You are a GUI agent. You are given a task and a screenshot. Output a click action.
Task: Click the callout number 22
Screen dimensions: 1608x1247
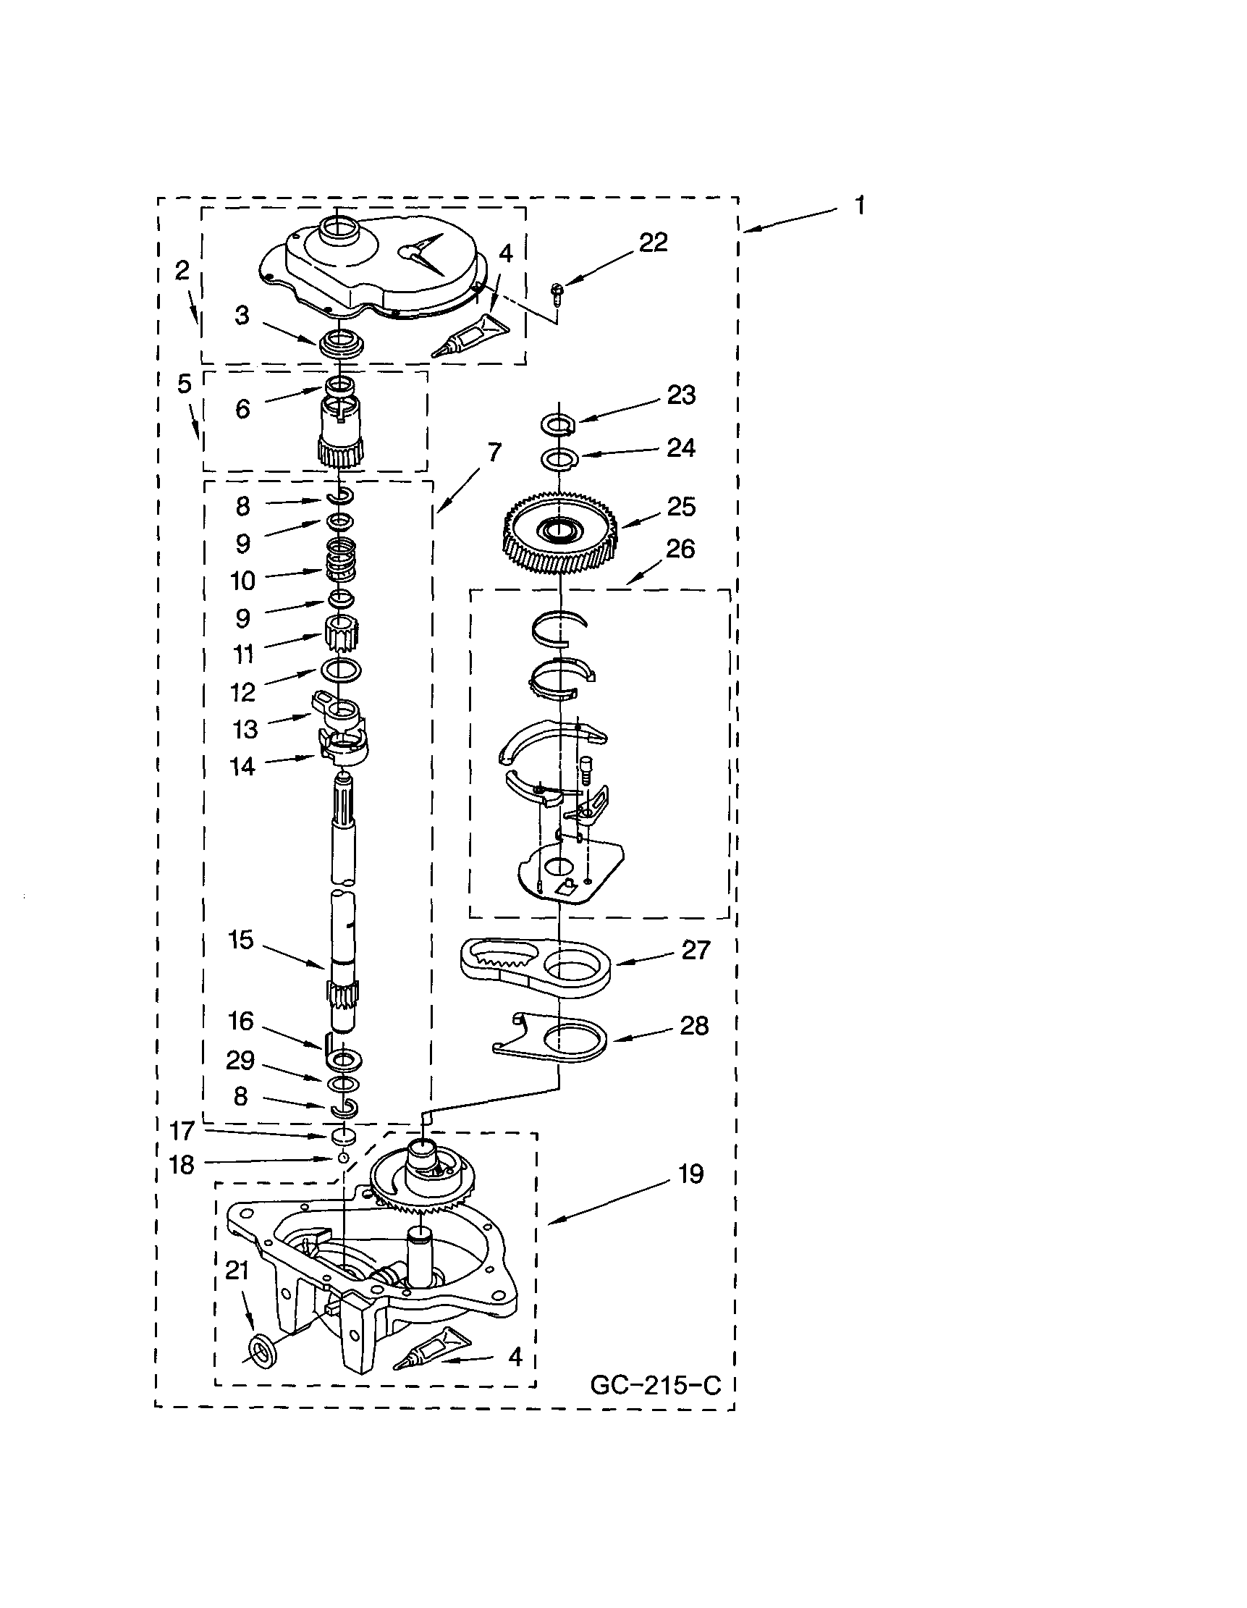click(653, 243)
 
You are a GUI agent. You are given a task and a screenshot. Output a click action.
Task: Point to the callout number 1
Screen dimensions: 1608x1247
click(859, 206)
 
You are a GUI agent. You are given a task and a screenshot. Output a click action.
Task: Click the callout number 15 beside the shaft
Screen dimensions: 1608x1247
click(241, 940)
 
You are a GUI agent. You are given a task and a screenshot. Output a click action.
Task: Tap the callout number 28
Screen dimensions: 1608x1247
click(693, 1026)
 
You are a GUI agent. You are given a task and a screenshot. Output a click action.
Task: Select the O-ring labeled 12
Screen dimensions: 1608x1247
click(341, 670)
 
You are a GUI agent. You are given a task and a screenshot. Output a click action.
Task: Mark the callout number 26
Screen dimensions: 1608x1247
click(680, 549)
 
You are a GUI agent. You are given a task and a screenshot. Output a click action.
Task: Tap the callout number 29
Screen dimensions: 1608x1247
click(240, 1060)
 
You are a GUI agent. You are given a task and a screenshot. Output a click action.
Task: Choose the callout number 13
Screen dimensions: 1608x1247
click(245, 729)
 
